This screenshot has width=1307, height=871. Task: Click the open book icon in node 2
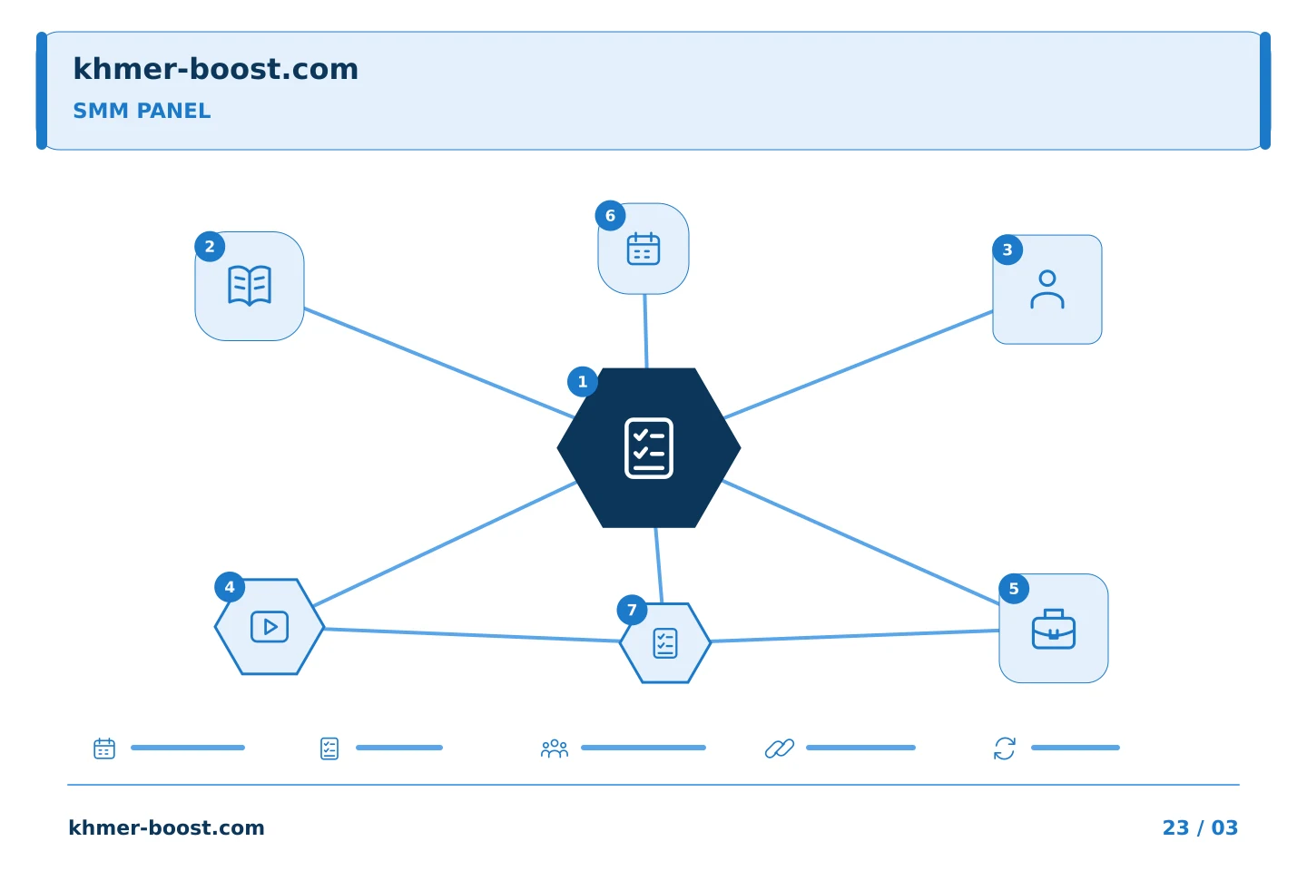[249, 285]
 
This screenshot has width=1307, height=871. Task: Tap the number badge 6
[610, 216]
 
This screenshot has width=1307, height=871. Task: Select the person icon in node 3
[1047, 289]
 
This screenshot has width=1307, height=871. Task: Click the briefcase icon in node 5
[1054, 629]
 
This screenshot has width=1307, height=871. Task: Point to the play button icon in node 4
[269, 627]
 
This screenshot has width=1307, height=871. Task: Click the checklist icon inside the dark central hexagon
[649, 448]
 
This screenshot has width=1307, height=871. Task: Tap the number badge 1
[583, 382]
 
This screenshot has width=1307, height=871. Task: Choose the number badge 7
[632, 611]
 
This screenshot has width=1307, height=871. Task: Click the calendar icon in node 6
[644, 249]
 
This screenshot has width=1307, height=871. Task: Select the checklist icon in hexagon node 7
[665, 643]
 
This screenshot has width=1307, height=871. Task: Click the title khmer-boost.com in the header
[215, 69]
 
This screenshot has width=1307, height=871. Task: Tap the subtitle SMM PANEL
[142, 111]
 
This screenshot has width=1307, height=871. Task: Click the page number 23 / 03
[1200, 827]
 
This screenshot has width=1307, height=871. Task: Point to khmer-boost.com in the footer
[166, 827]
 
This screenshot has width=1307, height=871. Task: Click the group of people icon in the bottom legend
[555, 749]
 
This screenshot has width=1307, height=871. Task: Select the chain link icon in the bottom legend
[780, 749]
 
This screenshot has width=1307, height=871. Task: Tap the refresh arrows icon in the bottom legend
[1005, 749]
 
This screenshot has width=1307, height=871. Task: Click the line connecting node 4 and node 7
[472, 635]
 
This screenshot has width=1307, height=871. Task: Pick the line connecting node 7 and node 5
[855, 635]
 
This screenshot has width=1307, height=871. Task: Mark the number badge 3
[1007, 250]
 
